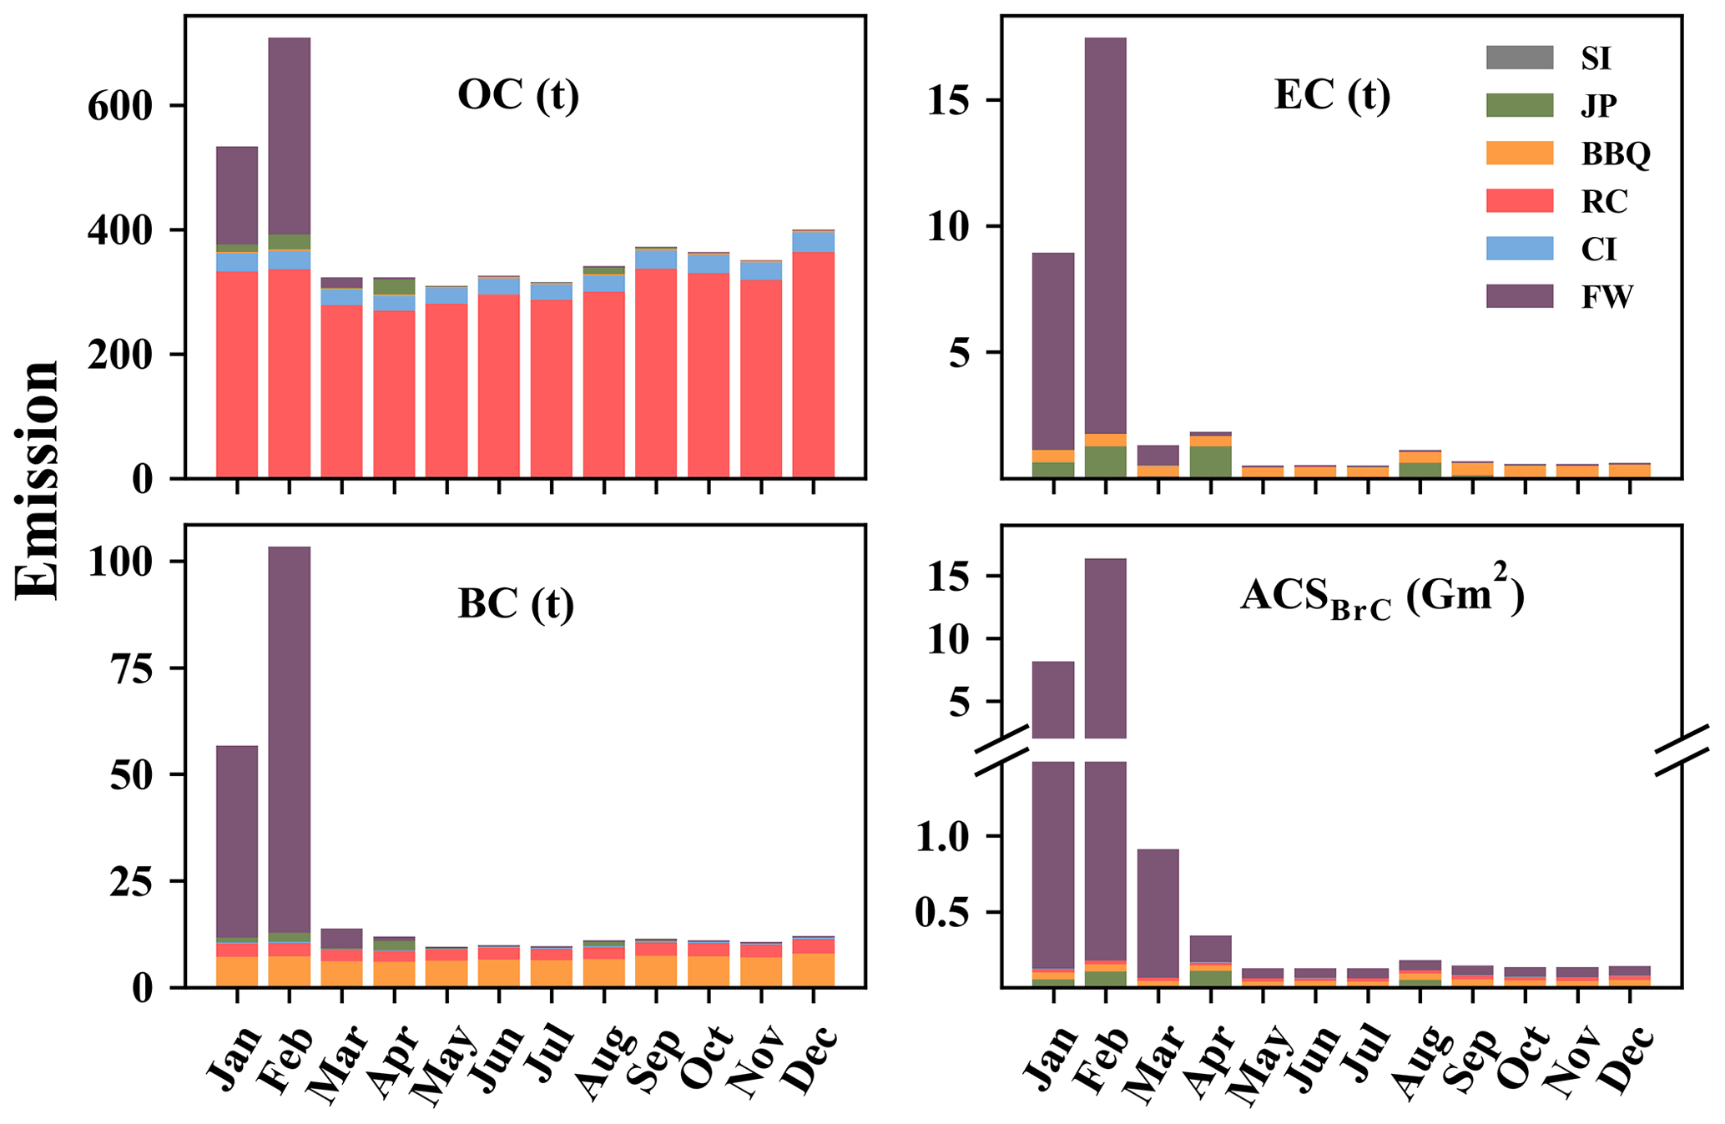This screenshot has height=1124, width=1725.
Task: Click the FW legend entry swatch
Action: [x=1519, y=296]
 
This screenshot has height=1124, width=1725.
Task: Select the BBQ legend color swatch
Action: [x=1519, y=154]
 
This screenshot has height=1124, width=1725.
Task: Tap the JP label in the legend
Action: [x=1598, y=106]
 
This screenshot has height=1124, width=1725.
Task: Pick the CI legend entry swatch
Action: [x=1519, y=249]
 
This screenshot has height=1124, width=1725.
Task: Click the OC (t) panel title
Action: [x=517, y=95]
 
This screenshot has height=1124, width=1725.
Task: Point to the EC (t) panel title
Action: [x=1332, y=95]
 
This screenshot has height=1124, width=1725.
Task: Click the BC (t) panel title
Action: [x=516, y=603]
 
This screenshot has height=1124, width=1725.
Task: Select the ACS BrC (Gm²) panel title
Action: [x=1381, y=598]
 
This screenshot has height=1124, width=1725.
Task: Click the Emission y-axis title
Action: [x=38, y=480]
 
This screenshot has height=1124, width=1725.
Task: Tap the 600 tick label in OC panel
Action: [x=122, y=106]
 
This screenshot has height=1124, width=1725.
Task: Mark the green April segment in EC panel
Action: [x=1210, y=461]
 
